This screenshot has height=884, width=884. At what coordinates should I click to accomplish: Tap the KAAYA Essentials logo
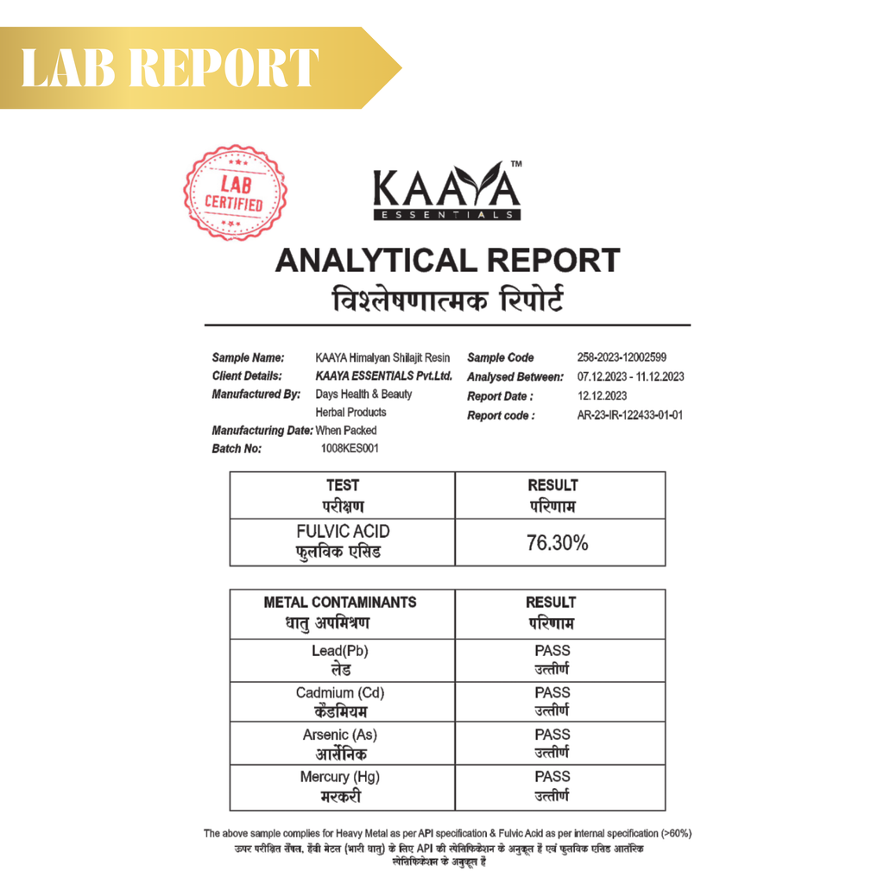point(446,191)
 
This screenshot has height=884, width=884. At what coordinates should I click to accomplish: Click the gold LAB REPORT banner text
point(170,67)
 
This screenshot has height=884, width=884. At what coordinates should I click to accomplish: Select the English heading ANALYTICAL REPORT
point(447,261)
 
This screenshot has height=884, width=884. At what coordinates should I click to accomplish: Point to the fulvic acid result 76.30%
point(557,543)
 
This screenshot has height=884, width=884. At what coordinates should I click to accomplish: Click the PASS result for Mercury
point(552,777)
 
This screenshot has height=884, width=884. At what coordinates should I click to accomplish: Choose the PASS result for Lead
point(552,651)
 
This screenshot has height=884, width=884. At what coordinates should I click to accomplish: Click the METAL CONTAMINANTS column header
point(340,603)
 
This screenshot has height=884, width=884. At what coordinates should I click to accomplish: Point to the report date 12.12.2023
point(603,396)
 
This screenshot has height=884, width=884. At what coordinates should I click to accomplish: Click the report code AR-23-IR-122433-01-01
point(630,415)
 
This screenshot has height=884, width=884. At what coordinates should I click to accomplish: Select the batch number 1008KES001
point(350,449)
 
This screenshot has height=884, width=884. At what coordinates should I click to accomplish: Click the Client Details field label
point(247,376)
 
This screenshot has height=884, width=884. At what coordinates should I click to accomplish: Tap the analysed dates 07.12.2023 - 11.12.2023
point(631,377)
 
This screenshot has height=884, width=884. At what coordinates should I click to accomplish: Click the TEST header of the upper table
point(343,485)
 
